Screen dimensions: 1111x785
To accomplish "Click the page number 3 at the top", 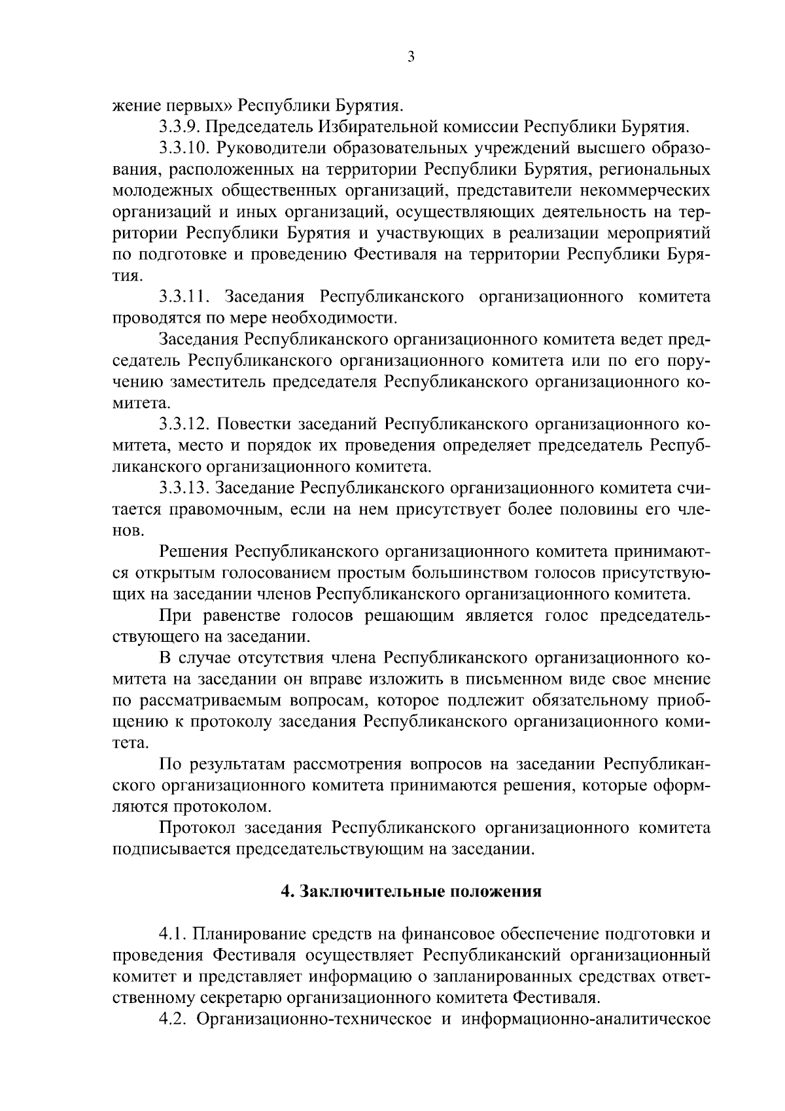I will [x=410, y=57].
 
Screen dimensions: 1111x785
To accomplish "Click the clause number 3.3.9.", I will [x=181, y=125].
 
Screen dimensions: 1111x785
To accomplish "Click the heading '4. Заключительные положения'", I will [x=411, y=892].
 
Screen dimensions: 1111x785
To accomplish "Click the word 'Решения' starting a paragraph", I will [x=192, y=552].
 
